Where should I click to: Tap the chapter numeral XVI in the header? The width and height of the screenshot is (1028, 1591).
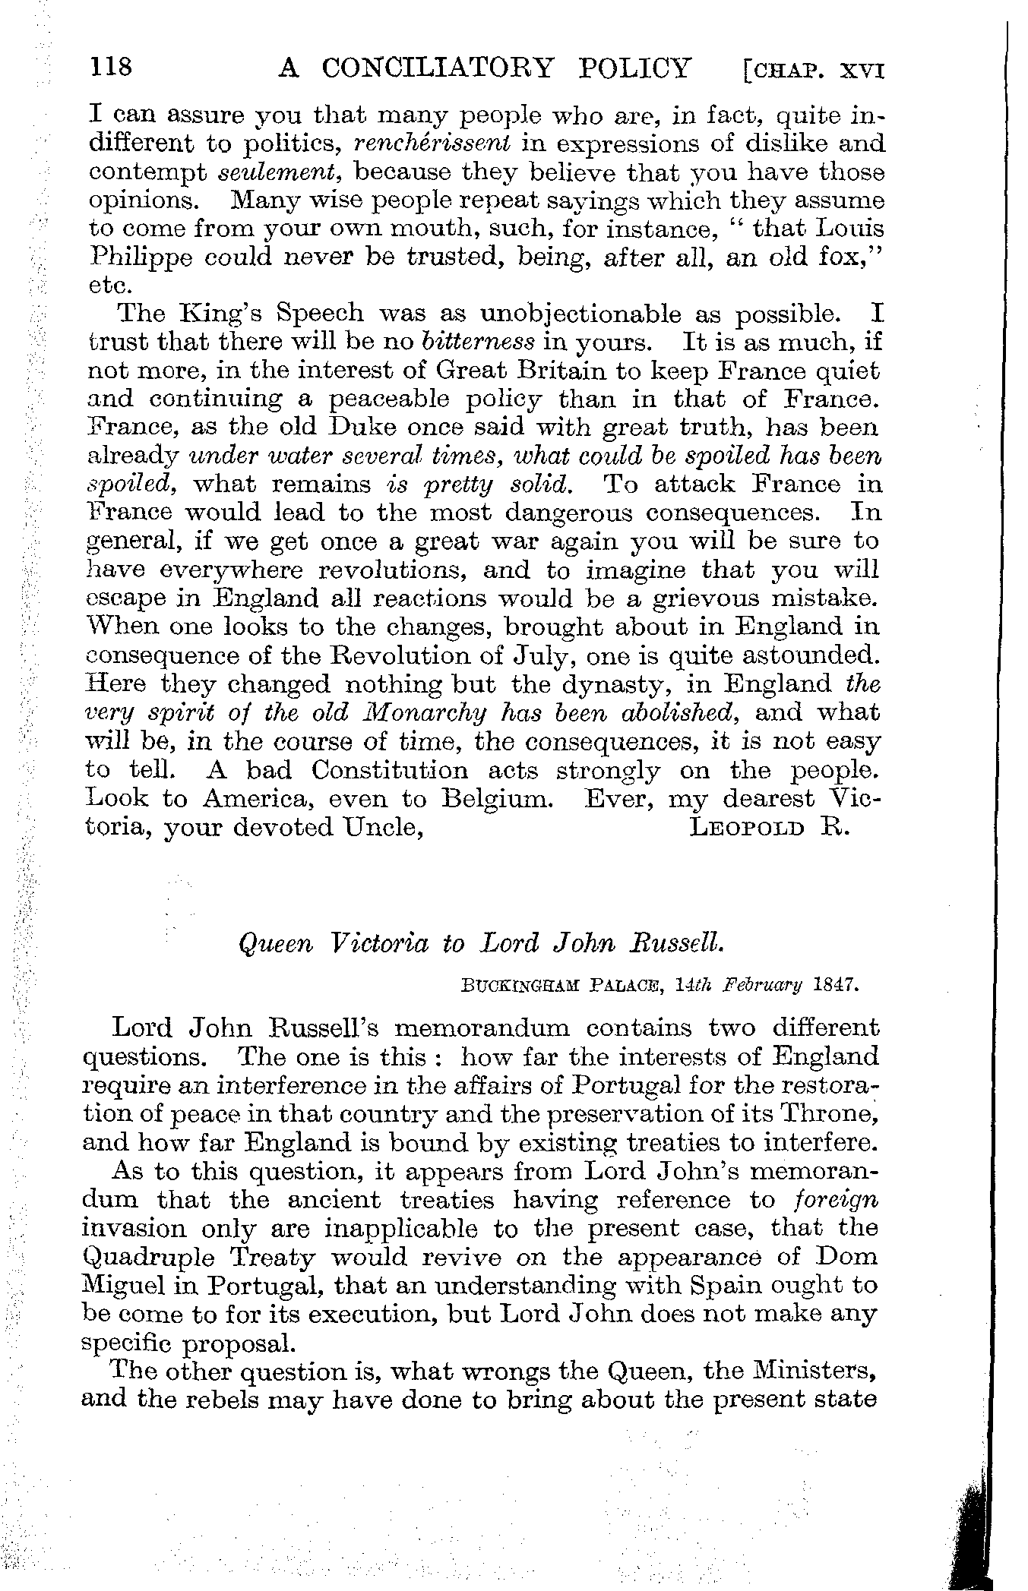point(862,71)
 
